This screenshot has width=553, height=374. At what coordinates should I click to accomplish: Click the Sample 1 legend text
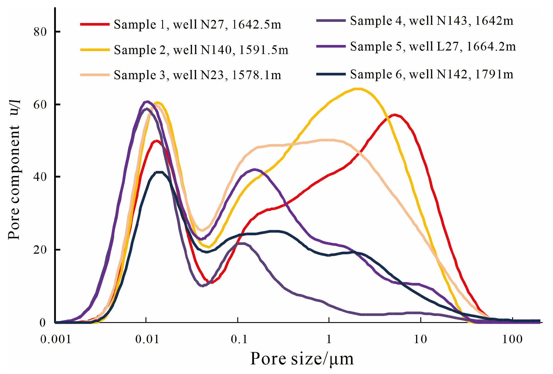click(197, 25)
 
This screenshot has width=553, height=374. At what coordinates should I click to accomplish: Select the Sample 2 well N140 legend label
click(201, 50)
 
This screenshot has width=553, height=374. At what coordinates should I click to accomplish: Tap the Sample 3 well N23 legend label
click(197, 75)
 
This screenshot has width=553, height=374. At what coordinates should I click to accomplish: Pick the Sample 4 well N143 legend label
click(432, 21)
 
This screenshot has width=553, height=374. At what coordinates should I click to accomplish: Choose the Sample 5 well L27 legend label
click(433, 46)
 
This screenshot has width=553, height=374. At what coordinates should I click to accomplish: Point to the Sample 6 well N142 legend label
click(432, 74)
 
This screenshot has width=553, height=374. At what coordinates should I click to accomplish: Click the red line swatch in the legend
click(95, 24)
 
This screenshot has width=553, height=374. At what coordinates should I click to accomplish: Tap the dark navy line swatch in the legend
click(331, 74)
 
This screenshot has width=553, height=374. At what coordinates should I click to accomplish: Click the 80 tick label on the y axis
click(40, 32)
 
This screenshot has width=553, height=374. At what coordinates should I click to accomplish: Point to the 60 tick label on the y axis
click(40, 105)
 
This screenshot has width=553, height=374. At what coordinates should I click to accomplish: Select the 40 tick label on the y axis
click(40, 177)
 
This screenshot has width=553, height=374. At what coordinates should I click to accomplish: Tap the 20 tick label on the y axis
click(40, 250)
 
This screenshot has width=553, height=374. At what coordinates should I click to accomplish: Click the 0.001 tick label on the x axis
click(56, 339)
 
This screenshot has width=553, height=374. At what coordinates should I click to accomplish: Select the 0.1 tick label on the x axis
click(239, 339)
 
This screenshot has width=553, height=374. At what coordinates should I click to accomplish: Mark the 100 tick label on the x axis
click(512, 339)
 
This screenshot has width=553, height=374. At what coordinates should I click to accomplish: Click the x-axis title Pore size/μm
click(302, 359)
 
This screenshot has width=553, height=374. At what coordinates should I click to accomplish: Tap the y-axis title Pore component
click(14, 182)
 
